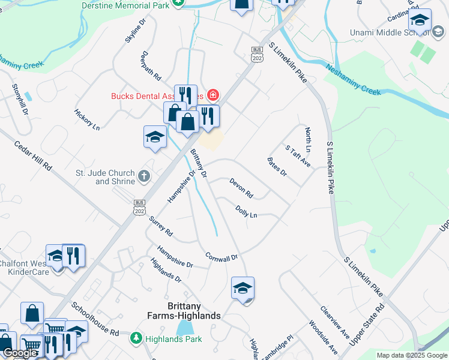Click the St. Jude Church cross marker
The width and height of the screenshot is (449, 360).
tap(143, 176)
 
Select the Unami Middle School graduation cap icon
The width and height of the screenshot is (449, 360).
tap(420, 22)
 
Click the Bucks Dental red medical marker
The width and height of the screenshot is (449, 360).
tap(212, 95)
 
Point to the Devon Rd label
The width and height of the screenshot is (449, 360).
tap(241, 188)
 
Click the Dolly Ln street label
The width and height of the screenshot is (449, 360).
tap(246, 211)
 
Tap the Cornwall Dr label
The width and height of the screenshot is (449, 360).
tap(221, 256)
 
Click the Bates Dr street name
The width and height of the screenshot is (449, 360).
tap(277, 167)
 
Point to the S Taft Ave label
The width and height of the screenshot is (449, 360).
tap(298, 155)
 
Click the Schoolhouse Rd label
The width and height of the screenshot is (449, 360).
tap(95, 319)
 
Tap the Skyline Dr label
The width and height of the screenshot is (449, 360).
tap(136, 29)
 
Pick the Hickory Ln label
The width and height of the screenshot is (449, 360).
tap(87, 120)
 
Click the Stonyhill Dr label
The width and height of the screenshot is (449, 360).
tap(20, 99)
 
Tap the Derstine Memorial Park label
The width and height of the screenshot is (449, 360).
tap(125, 4)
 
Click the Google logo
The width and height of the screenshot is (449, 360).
tap(20, 353)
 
